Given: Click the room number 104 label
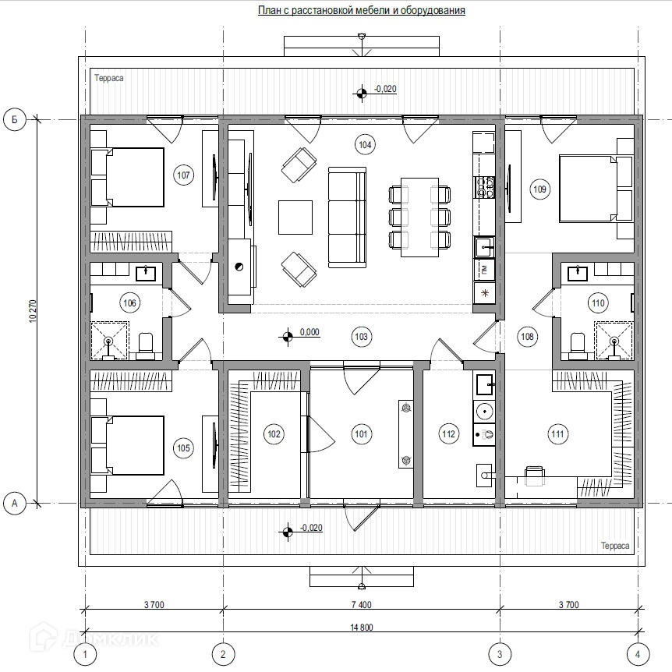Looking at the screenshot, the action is tap(365, 145).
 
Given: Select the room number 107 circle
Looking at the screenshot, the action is tap(183, 175).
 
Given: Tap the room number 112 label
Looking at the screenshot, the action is tap(448, 434).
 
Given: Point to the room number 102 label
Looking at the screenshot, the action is tap(274, 434).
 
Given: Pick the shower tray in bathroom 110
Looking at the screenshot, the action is tap(614, 340).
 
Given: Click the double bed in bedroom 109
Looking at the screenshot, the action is tap(596, 189).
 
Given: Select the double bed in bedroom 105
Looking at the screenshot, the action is tap(127, 445).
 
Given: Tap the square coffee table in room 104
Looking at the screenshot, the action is tap(295, 218).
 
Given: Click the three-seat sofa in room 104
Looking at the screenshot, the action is tap(347, 218).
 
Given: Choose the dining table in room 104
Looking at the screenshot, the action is tap(419, 218).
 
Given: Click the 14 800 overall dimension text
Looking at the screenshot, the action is tap(361, 628).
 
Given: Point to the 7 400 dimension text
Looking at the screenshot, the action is tap(361, 605).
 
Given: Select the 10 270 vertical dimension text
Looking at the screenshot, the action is tap(34, 311).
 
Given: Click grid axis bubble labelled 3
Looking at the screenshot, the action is tap(500, 654).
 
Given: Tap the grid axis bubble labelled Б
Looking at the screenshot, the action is tap(15, 119).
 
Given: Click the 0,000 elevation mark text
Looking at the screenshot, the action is tap(309, 332).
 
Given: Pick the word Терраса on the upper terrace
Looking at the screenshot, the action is tap(109, 78).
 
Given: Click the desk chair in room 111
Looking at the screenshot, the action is tap(535, 476).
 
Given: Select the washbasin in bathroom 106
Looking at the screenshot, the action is tap(146, 274).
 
